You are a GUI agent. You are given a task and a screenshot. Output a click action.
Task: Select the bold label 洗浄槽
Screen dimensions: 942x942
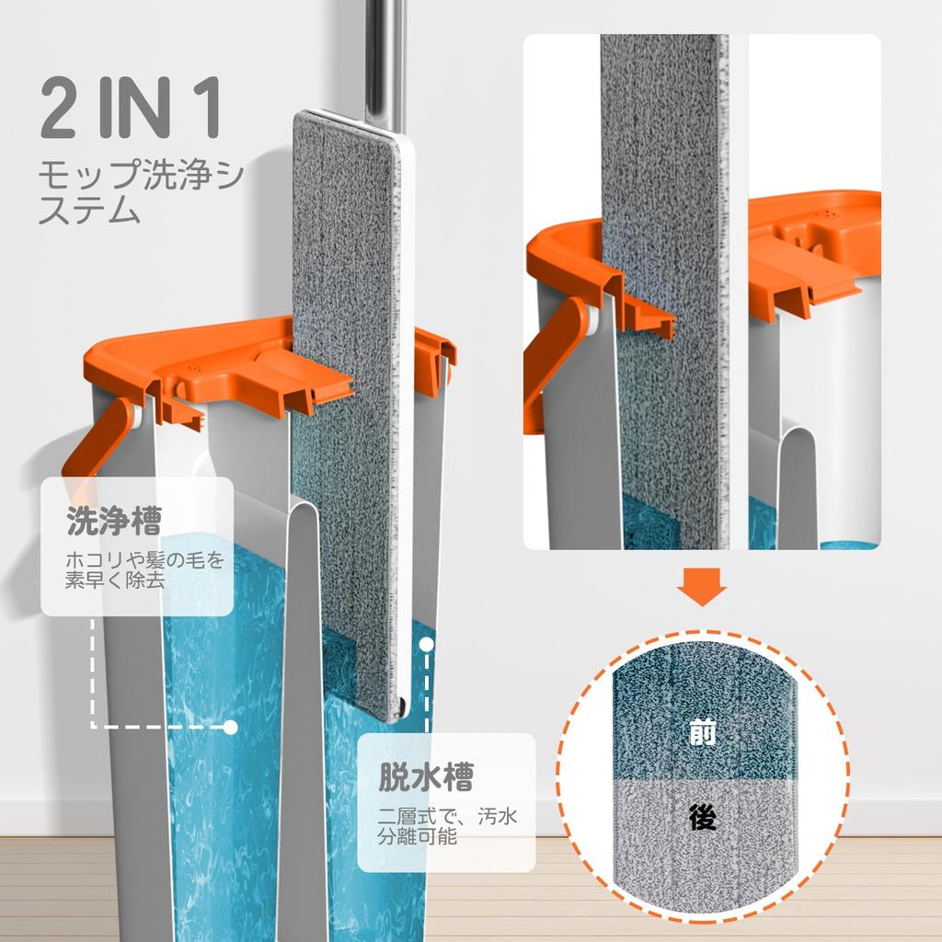coord(114,523)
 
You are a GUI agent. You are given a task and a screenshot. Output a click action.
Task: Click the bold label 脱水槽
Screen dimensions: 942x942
coord(426,777)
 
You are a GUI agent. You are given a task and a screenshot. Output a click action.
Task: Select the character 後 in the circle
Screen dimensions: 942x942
coord(702,815)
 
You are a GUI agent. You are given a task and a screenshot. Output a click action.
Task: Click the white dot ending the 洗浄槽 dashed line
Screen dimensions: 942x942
coord(231,727)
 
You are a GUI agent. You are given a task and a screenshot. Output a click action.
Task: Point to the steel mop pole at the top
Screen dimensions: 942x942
coord(383,55)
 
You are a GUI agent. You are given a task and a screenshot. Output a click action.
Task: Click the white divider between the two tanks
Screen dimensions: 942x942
coord(304,690)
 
